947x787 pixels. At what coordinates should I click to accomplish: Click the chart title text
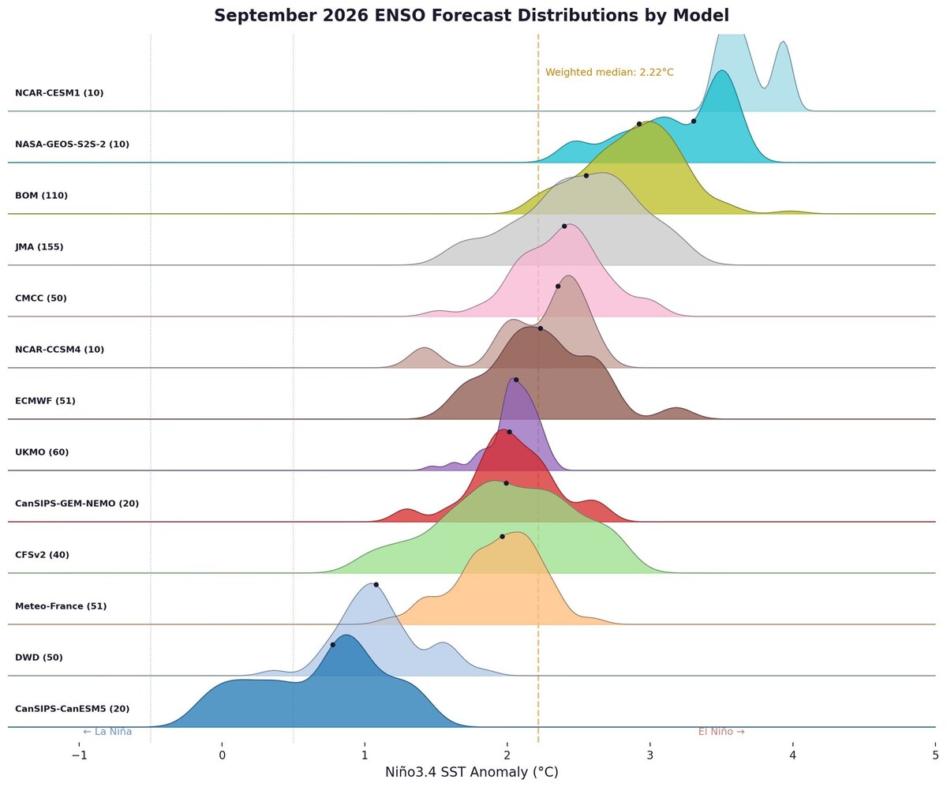tap(471, 16)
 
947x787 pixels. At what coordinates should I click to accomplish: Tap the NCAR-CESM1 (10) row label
tap(59, 93)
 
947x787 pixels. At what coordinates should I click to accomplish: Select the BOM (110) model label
tap(41, 196)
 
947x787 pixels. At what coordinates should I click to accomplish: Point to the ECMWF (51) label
tap(45, 401)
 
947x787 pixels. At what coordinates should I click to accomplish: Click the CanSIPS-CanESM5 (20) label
tap(72, 709)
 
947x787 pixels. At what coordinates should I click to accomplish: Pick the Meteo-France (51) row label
tap(61, 606)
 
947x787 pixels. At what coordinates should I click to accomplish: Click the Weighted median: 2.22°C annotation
tap(609, 73)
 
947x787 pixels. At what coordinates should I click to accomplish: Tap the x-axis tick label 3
tap(649, 753)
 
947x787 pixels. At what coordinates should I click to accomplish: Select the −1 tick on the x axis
tap(79, 753)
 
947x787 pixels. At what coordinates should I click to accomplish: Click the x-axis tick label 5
tap(935, 753)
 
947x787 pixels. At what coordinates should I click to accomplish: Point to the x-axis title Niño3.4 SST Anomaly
tap(471, 772)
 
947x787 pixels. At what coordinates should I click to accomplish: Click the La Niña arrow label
tap(107, 732)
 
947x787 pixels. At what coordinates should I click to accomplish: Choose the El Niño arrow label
tap(721, 732)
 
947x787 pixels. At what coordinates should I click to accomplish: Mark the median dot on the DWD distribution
tap(376, 585)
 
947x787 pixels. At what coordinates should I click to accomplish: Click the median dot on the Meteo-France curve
tap(502, 536)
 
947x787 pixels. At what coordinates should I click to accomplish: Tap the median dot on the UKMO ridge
tap(509, 432)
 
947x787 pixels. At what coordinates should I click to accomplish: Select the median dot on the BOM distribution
tap(639, 124)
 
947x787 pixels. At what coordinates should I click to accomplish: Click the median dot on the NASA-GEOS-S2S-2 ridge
tap(694, 121)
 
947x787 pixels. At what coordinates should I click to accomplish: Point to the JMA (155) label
tap(39, 247)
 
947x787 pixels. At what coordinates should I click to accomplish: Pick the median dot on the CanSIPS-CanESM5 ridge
tap(332, 645)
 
